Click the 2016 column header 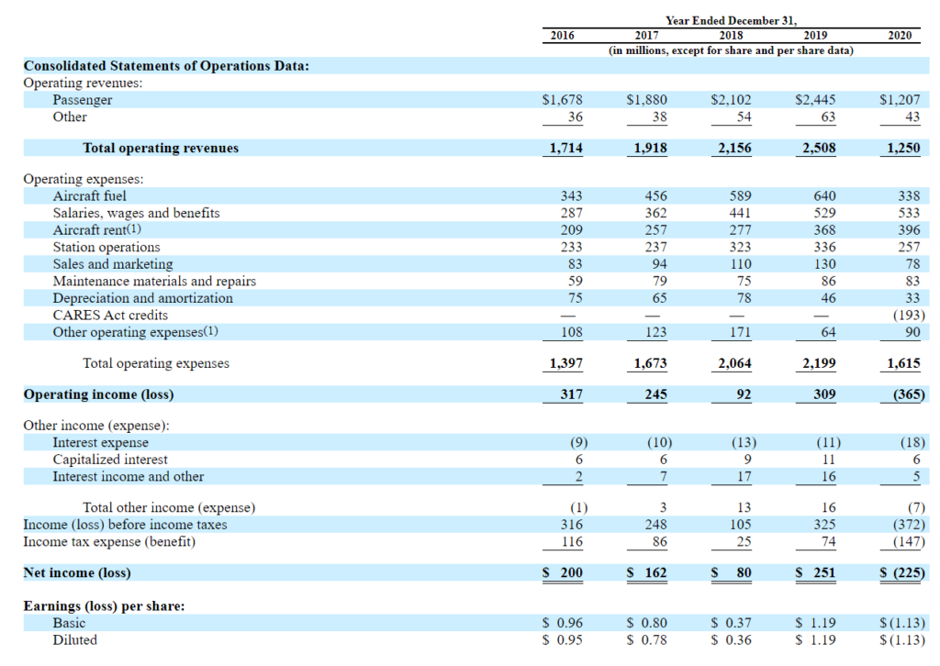tap(562, 36)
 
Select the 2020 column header tap(900, 36)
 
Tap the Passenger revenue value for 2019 tap(815, 99)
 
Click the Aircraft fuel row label tap(89, 195)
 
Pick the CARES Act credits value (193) tap(909, 315)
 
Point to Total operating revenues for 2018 tap(734, 148)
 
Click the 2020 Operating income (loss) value tap(909, 394)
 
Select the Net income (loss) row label tap(77, 572)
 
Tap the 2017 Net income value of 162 tap(647, 572)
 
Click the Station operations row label tap(106, 247)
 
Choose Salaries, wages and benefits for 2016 tap(571, 213)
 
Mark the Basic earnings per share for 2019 tap(815, 623)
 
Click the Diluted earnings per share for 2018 tap(731, 639)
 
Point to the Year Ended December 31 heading tap(731, 20)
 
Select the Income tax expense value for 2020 tap(909, 541)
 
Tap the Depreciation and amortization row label tap(142, 297)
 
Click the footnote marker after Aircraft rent tap(134, 228)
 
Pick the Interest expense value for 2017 tap(659, 442)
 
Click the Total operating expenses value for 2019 tap(819, 363)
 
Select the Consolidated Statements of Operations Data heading tap(166, 66)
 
